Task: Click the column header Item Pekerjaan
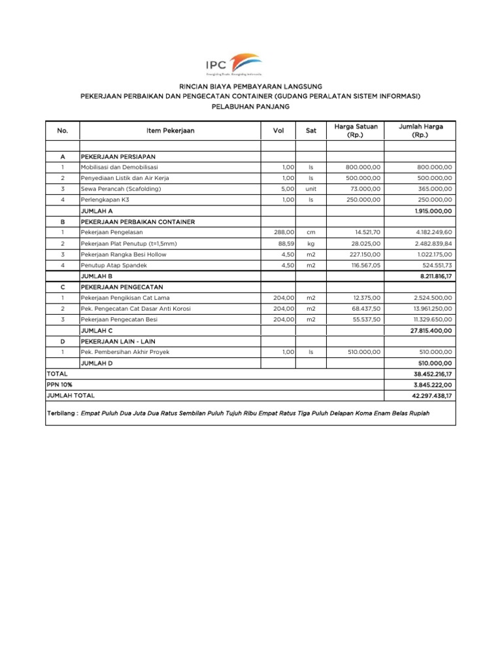pos(170,131)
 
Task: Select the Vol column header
pos(278,131)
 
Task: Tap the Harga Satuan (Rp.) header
pos(356,131)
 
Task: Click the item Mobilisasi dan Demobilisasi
pos(115,167)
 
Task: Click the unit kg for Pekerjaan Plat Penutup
pos(311,243)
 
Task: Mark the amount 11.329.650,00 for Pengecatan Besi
pos(427,320)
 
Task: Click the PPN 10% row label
pos(59,385)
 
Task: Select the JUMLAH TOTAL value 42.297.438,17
pos(427,396)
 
